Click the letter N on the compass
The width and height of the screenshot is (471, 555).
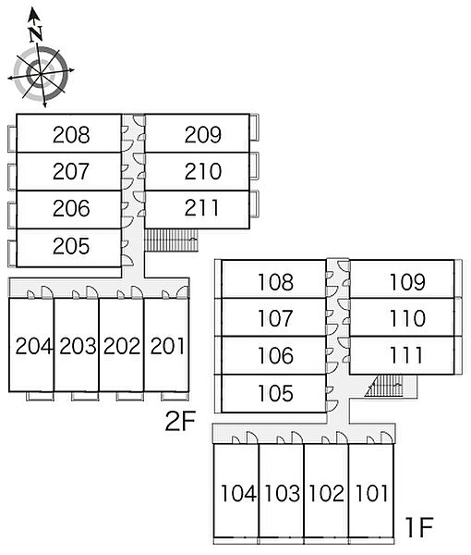36,34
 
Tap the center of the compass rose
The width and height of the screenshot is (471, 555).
41,74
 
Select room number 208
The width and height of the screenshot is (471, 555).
71,135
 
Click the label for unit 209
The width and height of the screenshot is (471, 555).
203,134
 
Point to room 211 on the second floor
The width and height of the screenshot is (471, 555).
201,208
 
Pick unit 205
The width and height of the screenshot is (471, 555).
71,246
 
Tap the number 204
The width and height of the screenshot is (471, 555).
34,346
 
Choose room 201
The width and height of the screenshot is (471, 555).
167,346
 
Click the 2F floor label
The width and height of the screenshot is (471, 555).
180,421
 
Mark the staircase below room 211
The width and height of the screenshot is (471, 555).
172,240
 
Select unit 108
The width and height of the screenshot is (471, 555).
275,282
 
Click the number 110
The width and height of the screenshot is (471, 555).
407,318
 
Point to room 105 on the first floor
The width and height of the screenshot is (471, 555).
275,393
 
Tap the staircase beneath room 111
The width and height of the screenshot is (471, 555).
385,386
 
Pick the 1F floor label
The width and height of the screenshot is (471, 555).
419,527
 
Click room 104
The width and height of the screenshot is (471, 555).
238,493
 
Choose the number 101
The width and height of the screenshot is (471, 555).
371,493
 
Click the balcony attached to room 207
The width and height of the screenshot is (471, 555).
12,177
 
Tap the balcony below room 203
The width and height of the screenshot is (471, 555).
85,396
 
